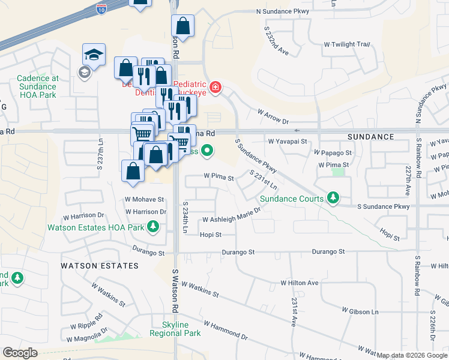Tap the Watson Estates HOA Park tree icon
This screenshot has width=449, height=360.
coord(154,227)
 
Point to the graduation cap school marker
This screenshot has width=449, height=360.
coord(94,55)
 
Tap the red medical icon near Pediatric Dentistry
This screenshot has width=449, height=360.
coord(214,89)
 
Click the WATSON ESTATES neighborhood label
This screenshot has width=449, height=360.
coord(99,265)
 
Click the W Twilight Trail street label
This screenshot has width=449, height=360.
coord(346,44)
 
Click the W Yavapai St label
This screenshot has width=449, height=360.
coord(288,142)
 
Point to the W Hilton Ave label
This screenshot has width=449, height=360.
coord(300,283)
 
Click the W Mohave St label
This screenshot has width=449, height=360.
coord(144,199)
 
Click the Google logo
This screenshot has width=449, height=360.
coord(20,353)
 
